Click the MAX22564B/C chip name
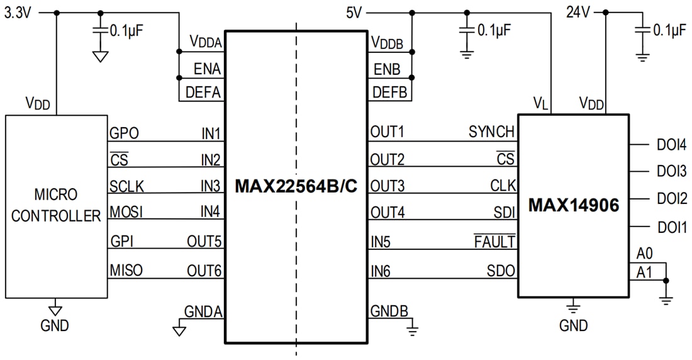296,186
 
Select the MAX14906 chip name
573,205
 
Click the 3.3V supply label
17,13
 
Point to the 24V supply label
579,12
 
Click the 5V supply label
355,12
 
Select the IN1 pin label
211,133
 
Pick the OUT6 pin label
204,271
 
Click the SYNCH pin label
491,132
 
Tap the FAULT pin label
495,242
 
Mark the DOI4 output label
672,145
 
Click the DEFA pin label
203,93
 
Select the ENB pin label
386,69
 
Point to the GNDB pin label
389,311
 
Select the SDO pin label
501,271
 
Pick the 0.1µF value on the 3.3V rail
130,29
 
